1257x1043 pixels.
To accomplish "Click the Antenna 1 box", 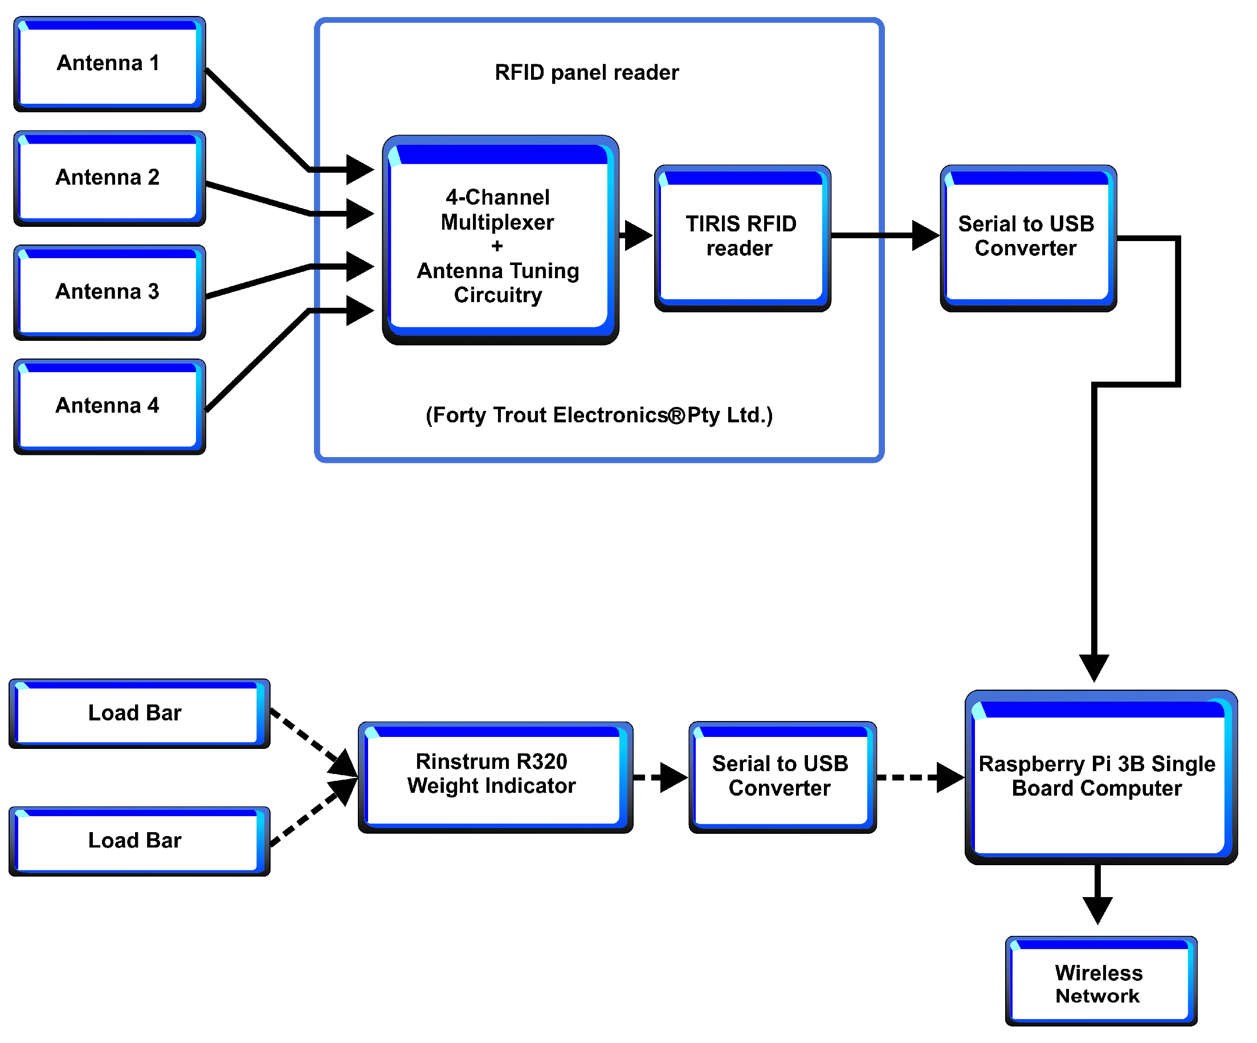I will [109, 64].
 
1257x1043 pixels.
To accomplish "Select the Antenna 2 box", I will [109, 178].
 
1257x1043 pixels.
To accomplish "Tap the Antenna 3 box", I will [109, 292].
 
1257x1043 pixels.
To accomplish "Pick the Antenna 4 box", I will [109, 406].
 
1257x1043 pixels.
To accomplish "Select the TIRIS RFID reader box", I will [742, 238].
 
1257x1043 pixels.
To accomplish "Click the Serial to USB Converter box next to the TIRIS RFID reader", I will [1029, 238].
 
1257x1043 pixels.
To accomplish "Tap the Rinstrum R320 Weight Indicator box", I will [495, 777].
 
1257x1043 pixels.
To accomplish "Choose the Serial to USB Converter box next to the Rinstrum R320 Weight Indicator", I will [782, 777].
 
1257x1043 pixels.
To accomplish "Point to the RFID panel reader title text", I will [586, 72].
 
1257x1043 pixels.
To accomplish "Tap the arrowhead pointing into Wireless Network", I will [1098, 909].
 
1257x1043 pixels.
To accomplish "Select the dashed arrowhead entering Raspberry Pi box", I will [950, 777].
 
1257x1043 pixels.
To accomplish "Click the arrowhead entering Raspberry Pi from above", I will [1094, 667].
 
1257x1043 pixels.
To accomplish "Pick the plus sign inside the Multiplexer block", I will [497, 246].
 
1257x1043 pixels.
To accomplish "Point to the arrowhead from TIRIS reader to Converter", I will [925, 235].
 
